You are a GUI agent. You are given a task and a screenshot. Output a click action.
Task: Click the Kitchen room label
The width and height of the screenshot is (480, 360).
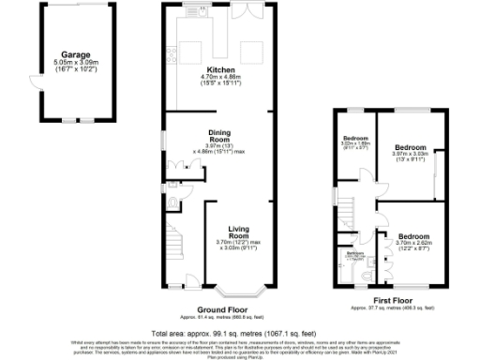[220, 70]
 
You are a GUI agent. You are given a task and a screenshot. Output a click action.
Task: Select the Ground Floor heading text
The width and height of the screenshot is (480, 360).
[220, 308]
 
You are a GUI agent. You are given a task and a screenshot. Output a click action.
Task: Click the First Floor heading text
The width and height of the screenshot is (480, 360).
[382, 300]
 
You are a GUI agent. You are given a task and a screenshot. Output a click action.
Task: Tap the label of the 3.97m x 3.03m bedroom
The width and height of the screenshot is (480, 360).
[411, 148]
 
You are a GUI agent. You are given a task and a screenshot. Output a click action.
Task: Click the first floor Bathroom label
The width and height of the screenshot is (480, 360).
[355, 253]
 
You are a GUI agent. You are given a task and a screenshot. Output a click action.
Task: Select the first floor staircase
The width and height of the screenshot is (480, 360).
[349, 217]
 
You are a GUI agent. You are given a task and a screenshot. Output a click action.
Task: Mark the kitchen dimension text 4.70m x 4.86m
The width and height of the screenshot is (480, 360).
[220, 78]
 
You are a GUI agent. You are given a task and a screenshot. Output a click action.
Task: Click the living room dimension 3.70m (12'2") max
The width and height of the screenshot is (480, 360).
[242, 243]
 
